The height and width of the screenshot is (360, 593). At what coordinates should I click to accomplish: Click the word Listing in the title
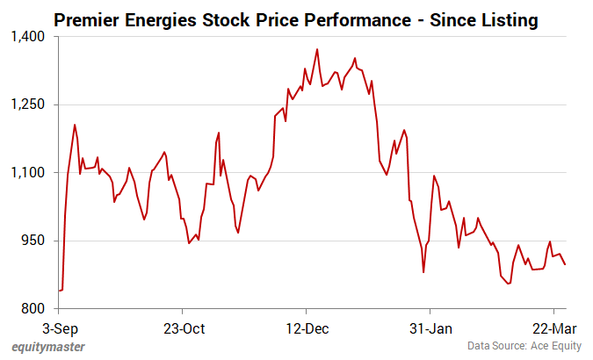click(504, 18)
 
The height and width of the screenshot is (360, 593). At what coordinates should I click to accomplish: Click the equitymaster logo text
click(48, 347)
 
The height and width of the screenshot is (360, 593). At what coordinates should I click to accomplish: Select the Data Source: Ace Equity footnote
click(524, 347)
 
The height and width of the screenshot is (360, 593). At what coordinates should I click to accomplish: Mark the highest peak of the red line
click(317, 49)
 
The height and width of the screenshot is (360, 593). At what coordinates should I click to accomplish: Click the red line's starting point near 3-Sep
click(59, 290)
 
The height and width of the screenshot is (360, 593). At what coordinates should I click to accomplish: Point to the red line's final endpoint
click(565, 265)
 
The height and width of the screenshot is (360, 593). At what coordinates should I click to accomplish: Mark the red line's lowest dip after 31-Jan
click(509, 284)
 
